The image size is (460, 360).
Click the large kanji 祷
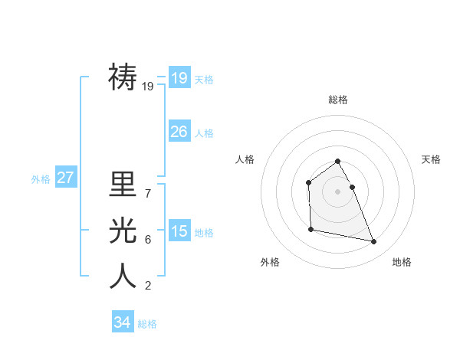click(x=123, y=77)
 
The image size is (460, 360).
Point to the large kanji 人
click(x=123, y=275)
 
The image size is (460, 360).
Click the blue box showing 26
click(x=179, y=132)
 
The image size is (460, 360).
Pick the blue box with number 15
click(x=179, y=231)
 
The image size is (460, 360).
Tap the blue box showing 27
click(x=65, y=178)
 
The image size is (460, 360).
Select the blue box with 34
click(x=122, y=322)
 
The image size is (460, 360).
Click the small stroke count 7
click(x=147, y=193)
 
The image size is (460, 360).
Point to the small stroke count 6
click(x=147, y=240)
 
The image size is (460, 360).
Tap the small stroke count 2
click(x=147, y=286)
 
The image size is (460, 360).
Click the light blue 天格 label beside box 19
click(x=204, y=80)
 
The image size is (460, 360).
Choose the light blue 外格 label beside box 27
click(x=41, y=179)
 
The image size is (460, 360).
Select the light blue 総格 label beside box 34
click(x=147, y=324)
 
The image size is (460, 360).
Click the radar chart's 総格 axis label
click(x=337, y=100)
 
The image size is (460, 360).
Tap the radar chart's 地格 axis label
click(x=402, y=262)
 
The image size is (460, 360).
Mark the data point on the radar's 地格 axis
click(x=374, y=242)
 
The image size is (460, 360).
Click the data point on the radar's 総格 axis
click(x=337, y=162)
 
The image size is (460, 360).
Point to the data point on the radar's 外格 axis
click(x=310, y=229)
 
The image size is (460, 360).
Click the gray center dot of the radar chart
click(x=337, y=191)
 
